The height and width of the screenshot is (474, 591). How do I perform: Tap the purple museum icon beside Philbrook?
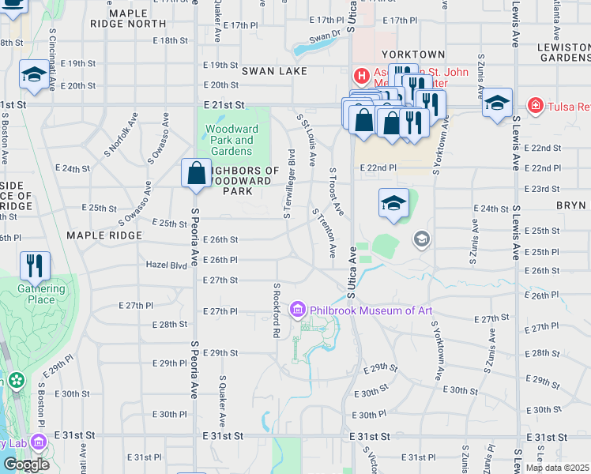298,309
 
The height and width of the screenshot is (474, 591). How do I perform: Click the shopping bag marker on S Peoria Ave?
195,173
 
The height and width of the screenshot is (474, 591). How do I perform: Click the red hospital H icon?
361,76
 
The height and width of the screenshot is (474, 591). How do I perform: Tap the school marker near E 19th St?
34,74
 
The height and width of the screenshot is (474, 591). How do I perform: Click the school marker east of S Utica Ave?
393,203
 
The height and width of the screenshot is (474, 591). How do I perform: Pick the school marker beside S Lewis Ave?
497,103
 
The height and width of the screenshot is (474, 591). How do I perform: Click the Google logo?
26,464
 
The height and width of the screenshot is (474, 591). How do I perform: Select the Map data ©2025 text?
557,468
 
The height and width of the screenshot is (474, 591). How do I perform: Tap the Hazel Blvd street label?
166,265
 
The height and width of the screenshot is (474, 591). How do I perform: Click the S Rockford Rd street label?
277,310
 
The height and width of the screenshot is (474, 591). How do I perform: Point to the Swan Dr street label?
324,36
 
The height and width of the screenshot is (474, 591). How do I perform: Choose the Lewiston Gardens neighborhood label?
563,52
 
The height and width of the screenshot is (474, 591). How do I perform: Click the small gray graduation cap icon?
422,239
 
